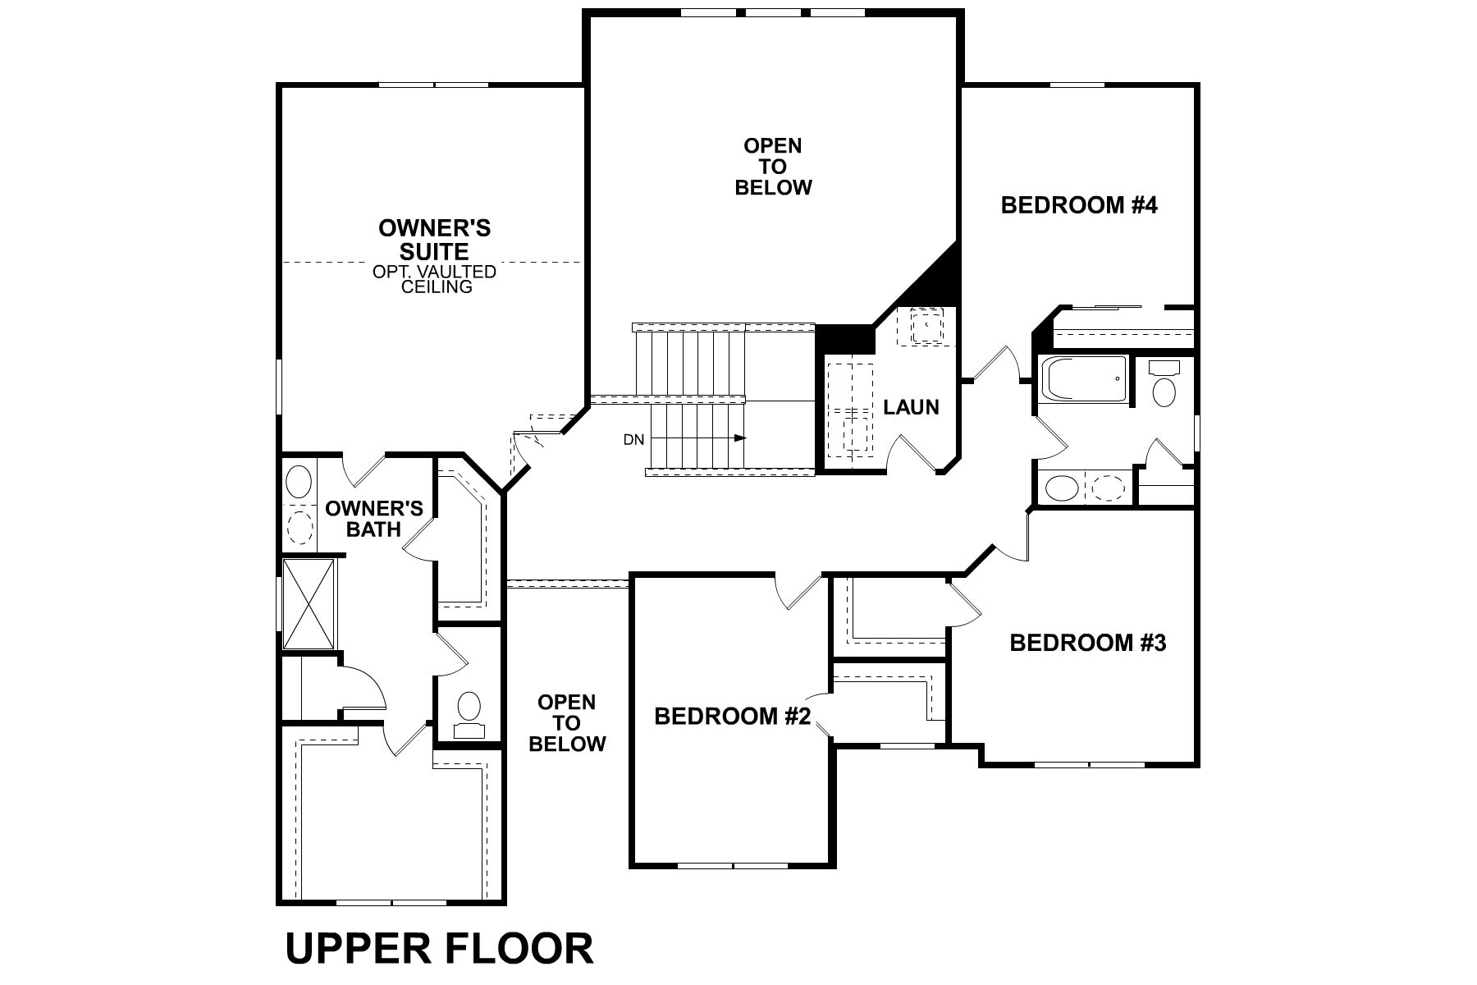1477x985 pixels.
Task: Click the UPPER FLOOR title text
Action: click(x=439, y=949)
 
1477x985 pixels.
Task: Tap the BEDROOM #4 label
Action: click(x=1078, y=205)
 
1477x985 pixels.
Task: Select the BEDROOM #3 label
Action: click(x=1087, y=642)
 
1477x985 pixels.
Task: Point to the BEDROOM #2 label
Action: click(x=732, y=717)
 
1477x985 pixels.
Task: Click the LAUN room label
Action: click(x=911, y=407)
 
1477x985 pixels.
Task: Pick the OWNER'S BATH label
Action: click(x=374, y=519)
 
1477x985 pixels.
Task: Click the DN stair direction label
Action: click(x=633, y=440)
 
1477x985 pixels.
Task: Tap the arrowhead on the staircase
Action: click(x=741, y=438)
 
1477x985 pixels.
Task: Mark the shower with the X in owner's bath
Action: click(x=309, y=603)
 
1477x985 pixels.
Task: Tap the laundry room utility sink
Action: click(x=926, y=325)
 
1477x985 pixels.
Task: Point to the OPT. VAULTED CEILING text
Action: click(x=434, y=279)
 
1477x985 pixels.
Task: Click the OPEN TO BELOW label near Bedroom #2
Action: click(x=567, y=723)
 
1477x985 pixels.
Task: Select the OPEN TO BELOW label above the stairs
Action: click(x=773, y=167)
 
